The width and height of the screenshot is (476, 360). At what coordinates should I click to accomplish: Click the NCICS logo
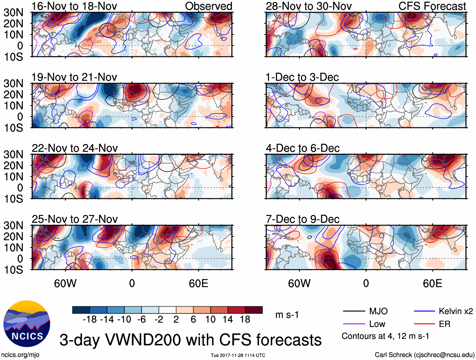(26, 324)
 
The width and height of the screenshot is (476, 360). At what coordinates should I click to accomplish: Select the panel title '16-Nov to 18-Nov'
(74, 6)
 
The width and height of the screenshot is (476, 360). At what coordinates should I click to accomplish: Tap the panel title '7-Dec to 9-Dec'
(302, 219)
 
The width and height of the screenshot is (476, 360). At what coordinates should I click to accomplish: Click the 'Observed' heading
(208, 6)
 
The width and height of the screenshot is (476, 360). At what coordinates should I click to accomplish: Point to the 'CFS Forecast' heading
(432, 6)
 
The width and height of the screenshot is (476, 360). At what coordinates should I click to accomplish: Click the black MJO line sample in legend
(354, 311)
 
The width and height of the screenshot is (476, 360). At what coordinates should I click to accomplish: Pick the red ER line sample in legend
(424, 324)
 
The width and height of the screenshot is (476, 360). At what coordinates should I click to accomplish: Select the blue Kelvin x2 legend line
(424, 311)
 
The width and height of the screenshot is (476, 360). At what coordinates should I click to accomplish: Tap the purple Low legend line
(354, 324)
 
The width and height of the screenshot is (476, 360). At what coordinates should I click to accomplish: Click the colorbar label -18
(90, 320)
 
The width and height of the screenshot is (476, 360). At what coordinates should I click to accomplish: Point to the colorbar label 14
(228, 320)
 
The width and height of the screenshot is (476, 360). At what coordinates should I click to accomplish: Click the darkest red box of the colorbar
(254, 310)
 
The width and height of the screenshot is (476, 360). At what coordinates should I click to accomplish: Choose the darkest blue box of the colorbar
(81, 310)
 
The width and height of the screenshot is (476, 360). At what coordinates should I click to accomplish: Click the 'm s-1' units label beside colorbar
(287, 315)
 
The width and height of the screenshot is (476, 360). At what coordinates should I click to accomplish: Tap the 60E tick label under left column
(198, 283)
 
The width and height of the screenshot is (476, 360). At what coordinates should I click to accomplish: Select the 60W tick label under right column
(299, 283)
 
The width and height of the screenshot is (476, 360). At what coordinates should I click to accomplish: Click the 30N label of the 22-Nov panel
(14, 154)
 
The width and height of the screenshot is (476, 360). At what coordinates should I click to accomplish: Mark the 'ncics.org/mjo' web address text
(20, 355)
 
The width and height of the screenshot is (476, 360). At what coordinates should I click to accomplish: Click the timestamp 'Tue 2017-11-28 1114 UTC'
(238, 355)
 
